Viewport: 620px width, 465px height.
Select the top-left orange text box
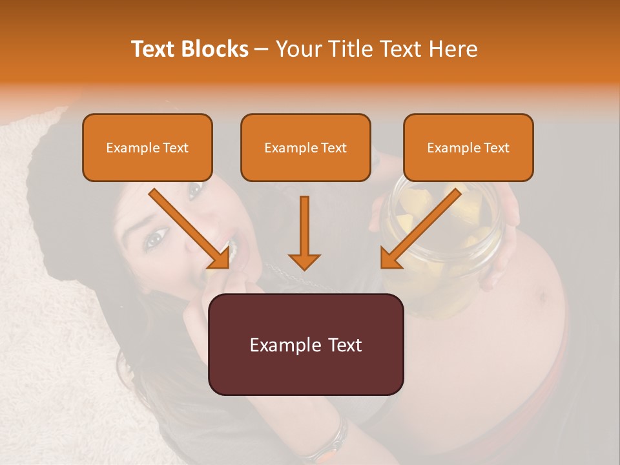point(147,147)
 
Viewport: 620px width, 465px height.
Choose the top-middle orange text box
point(305,147)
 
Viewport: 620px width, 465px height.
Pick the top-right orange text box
point(468,147)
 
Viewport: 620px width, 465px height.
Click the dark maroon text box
point(305,344)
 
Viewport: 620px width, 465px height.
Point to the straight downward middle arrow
point(304,232)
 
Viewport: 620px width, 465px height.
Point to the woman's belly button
point(541,297)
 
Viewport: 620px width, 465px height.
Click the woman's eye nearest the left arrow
point(156,240)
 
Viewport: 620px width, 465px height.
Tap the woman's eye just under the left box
point(194,190)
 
